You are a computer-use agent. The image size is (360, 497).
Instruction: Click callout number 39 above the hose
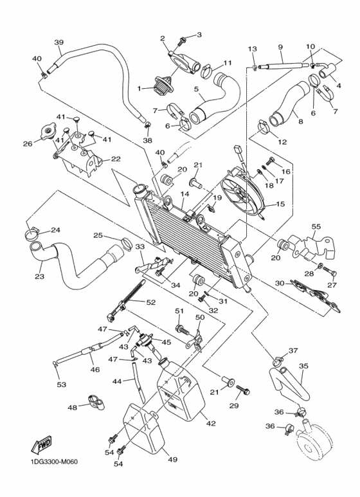pos(59,42)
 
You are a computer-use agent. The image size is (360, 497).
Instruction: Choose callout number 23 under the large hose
pos(40,277)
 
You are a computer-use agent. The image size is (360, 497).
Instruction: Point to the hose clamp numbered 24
pos(32,231)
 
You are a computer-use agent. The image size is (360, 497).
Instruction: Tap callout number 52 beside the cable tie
pos(151,302)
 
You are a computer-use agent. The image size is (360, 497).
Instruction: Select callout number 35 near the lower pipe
pos(303,366)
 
